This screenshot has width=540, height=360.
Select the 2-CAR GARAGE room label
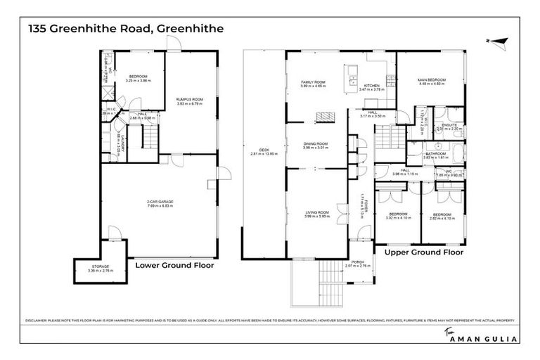[x=160, y=202]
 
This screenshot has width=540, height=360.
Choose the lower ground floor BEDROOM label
[x=137, y=77]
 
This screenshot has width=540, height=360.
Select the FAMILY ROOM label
[x=311, y=83]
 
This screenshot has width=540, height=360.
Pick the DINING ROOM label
[x=315, y=144]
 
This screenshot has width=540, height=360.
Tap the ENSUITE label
[x=447, y=125]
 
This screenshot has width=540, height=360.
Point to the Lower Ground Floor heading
[x=174, y=266]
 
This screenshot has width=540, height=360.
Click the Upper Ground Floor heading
[x=423, y=251]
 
